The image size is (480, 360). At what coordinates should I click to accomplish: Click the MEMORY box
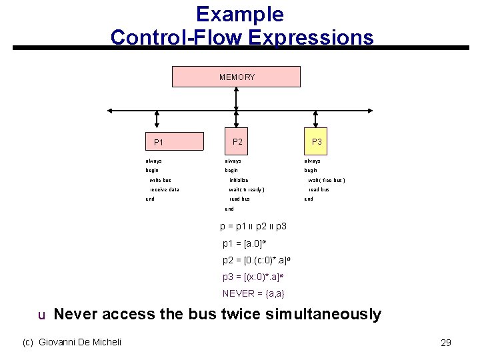pyautogui.click(x=237, y=77)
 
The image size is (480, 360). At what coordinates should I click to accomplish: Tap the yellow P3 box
pyautogui.click(x=317, y=141)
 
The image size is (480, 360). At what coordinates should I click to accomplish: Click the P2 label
pyautogui.click(x=237, y=141)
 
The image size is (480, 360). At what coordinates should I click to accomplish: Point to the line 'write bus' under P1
pyautogui.click(x=160, y=180)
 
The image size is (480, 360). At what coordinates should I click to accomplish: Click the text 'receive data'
pyautogui.click(x=164, y=189)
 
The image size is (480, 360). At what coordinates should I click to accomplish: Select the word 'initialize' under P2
pyautogui.click(x=239, y=180)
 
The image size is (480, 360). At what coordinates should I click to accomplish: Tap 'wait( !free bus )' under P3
pyautogui.click(x=326, y=180)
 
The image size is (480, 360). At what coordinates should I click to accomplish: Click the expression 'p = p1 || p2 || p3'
pyautogui.click(x=253, y=227)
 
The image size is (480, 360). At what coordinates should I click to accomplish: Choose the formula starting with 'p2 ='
pyautogui.click(x=257, y=260)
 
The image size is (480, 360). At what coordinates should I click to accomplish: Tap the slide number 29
pyautogui.click(x=446, y=343)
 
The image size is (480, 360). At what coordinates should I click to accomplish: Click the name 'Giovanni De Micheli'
pyautogui.click(x=80, y=342)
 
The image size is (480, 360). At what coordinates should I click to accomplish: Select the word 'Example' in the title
pyautogui.click(x=240, y=15)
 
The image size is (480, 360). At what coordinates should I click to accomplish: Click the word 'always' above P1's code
pyautogui.click(x=153, y=161)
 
